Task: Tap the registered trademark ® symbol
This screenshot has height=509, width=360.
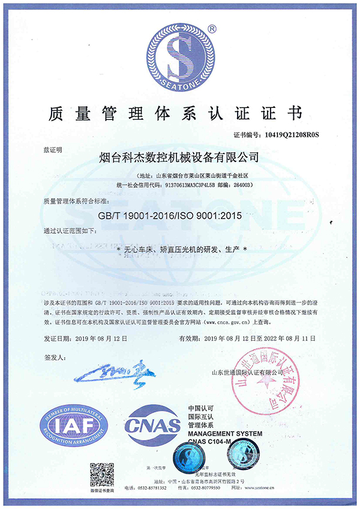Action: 211,28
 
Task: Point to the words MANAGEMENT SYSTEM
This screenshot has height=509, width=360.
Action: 225,433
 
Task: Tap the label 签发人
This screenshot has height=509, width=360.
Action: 54,357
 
